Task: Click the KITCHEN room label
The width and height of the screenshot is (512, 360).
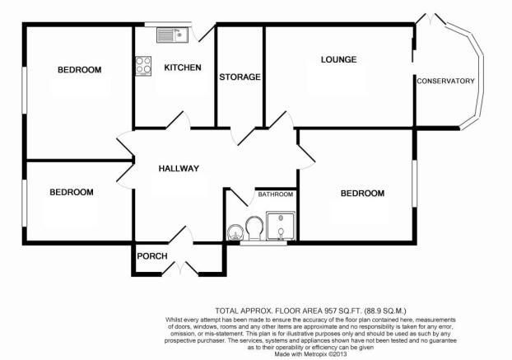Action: click(183, 68)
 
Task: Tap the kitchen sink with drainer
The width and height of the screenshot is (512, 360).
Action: click(172, 35)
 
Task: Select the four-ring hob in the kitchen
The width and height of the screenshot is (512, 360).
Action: click(143, 66)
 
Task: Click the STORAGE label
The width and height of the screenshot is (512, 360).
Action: click(240, 77)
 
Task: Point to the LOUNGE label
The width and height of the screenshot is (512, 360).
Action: click(338, 59)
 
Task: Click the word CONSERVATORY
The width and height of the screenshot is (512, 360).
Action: click(445, 81)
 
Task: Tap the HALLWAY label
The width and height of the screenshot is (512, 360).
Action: click(179, 169)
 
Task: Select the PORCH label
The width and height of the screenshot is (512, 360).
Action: click(152, 256)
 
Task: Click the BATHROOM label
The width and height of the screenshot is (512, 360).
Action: click(275, 194)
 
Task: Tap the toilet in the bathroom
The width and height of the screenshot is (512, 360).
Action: click(254, 228)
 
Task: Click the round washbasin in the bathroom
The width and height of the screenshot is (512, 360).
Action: click(235, 232)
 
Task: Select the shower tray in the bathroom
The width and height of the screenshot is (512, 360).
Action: click(281, 226)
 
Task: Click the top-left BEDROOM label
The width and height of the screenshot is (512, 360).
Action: click(79, 70)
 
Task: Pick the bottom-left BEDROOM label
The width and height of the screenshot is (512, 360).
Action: click(72, 192)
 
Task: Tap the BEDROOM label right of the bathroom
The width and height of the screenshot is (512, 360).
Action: click(362, 194)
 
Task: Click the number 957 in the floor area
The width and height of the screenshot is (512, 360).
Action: click(330, 311)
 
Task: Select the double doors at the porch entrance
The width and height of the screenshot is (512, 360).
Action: click(180, 268)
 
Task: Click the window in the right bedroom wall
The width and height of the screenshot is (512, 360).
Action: click(414, 183)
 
